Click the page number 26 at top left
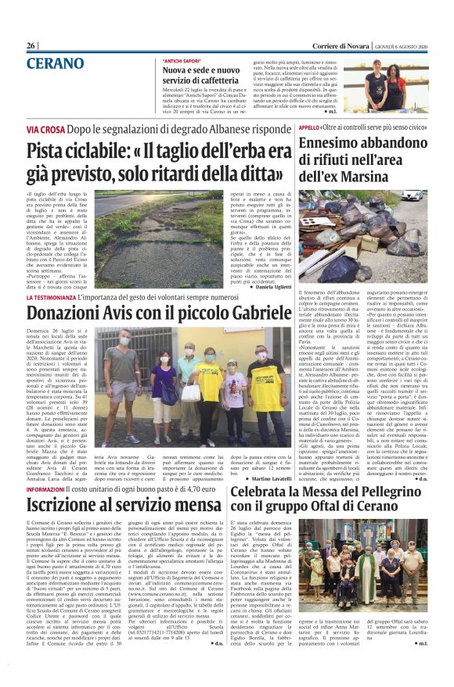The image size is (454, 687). (x=31, y=46)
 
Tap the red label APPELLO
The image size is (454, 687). (x=331, y=127)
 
